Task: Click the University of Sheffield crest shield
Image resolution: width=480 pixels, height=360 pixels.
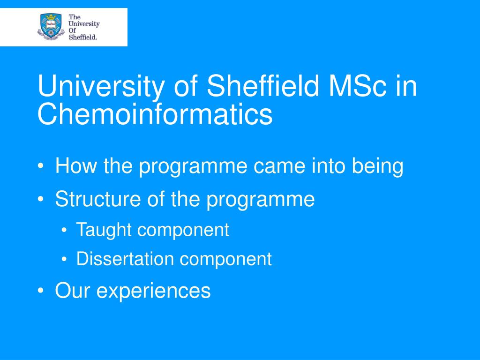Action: [x=51, y=27]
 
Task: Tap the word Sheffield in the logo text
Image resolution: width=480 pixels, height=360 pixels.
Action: [x=83, y=37]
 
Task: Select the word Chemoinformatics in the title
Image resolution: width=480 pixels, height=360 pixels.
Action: [x=155, y=114]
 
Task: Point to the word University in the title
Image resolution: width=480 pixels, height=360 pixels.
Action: [x=101, y=88]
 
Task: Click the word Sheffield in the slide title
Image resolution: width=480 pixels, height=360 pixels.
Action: [x=263, y=86]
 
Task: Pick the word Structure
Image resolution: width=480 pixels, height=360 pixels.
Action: [x=98, y=199]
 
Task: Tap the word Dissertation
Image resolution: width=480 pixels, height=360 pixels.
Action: [x=125, y=259]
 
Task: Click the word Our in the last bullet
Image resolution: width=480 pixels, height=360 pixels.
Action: [x=72, y=290]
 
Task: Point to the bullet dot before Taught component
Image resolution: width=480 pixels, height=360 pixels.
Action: [x=64, y=230]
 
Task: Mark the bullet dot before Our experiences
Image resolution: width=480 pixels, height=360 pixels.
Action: [x=41, y=291]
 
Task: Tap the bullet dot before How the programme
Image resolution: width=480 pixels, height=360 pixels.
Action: [x=41, y=166]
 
